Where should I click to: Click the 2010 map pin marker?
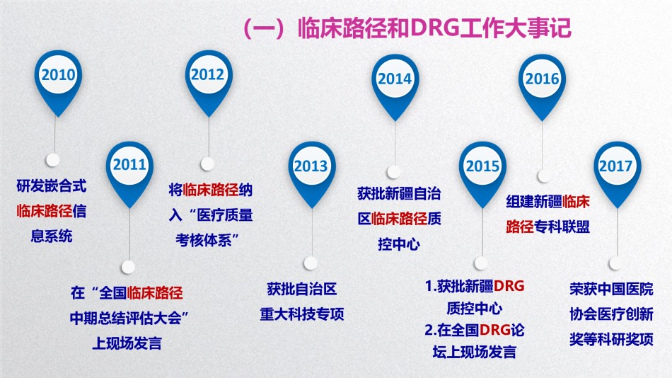click(x=58, y=81)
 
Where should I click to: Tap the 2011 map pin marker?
click(x=130, y=171)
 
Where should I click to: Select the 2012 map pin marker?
click(x=208, y=81)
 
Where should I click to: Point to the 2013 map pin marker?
click(x=311, y=173)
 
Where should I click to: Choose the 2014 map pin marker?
click(x=395, y=85)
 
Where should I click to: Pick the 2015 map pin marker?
click(x=482, y=173)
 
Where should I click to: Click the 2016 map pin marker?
click(x=542, y=85)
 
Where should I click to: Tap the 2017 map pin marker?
click(x=617, y=173)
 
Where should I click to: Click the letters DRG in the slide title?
click(x=435, y=28)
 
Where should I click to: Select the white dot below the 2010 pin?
click(x=53, y=160)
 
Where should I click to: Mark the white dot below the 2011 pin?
click(x=128, y=267)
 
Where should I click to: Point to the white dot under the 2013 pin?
click(x=311, y=263)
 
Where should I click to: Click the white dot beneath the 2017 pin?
click(x=615, y=263)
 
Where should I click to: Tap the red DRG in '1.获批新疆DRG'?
click(x=509, y=286)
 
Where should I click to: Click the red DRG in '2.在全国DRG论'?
click(x=495, y=330)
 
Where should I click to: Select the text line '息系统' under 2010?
click(x=52, y=236)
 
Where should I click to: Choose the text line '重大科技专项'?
click(x=302, y=314)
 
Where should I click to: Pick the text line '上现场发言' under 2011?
click(x=127, y=343)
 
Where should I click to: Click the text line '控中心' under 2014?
click(x=398, y=244)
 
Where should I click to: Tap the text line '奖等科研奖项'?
click(x=611, y=339)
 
